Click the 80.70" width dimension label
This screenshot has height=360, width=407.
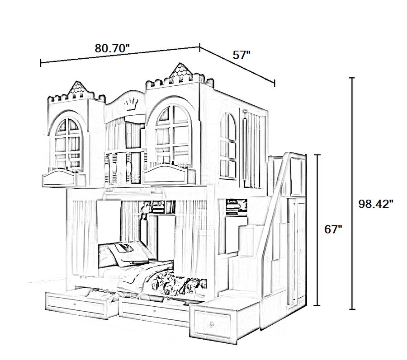click(112, 48)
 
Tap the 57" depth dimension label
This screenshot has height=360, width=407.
click(241, 55)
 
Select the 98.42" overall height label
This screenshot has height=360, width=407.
click(376, 204)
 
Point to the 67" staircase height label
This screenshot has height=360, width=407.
click(333, 229)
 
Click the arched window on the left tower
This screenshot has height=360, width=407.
click(67, 143)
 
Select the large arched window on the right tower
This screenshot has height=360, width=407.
click(172, 134)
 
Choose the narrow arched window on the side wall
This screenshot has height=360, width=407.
click(228, 146)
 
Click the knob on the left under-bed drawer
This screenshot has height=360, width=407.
click(75, 304)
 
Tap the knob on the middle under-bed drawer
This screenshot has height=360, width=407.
click(155, 311)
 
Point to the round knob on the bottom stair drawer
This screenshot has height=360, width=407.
click(212, 323)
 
